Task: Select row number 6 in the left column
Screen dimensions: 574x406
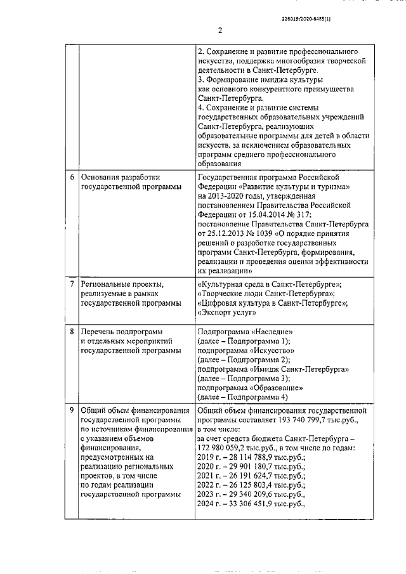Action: [72, 177]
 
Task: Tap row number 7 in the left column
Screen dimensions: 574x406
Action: [72, 284]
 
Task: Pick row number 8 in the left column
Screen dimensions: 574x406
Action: [72, 332]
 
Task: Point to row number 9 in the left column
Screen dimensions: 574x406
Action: [72, 410]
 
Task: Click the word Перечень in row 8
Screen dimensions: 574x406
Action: [100, 332]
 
